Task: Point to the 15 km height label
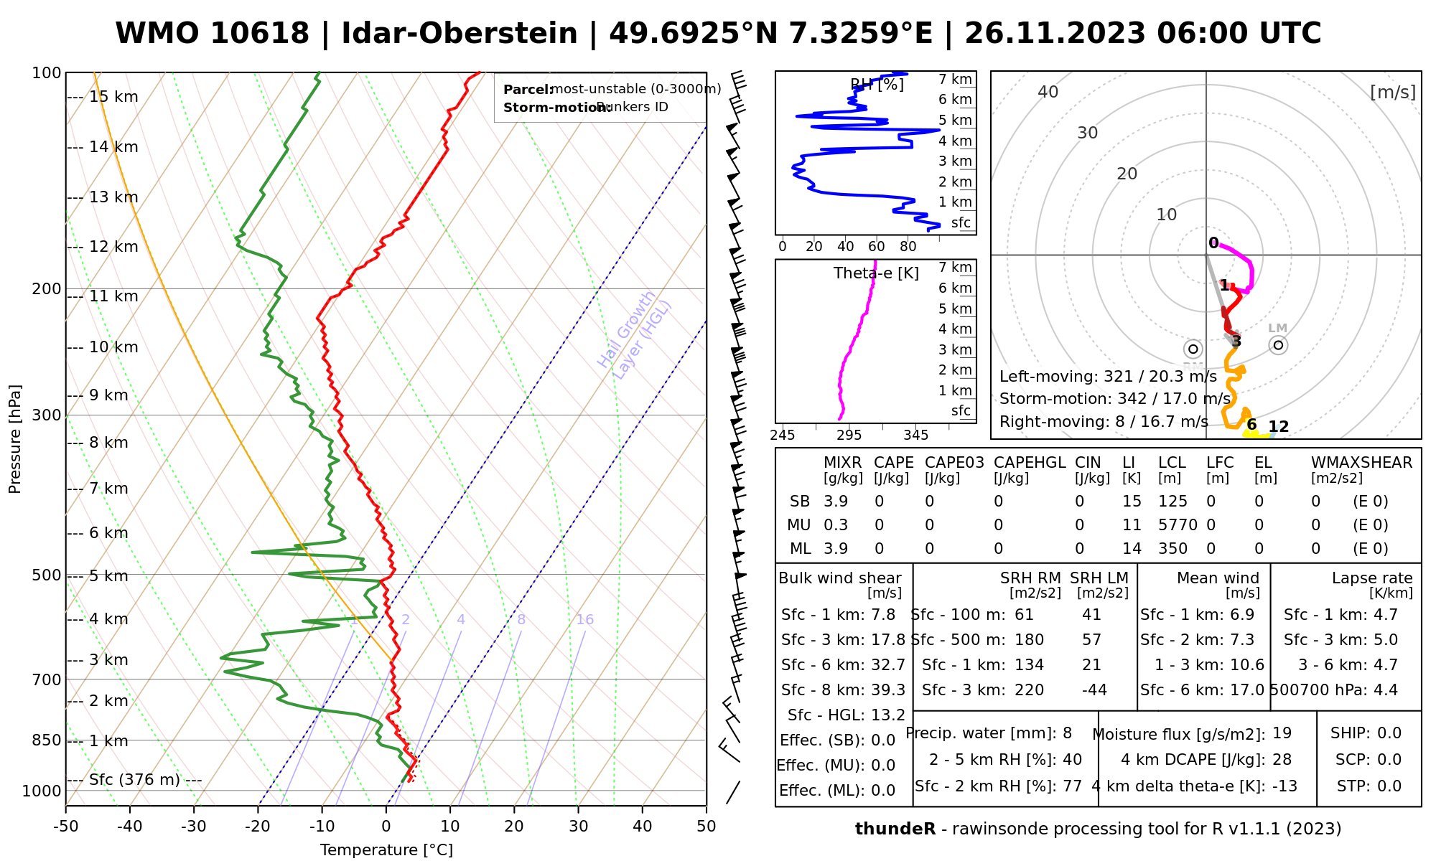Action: point(113,97)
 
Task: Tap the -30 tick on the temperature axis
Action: point(194,827)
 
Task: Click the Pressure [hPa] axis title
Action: point(15,439)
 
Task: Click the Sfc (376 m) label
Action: point(134,780)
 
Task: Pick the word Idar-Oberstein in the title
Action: point(460,34)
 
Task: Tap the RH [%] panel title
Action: point(877,85)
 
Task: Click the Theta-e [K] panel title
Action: point(876,273)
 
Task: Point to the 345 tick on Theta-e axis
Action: point(915,436)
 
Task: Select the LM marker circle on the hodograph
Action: point(1278,345)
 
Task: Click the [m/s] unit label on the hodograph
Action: point(1393,93)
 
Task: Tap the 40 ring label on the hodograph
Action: point(1048,92)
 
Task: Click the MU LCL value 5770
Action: point(1178,525)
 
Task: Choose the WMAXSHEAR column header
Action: point(1361,463)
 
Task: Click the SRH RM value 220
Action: point(1029,690)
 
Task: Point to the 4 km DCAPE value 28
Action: point(1282,760)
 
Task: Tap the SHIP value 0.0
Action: point(1389,733)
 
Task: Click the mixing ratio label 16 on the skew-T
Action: point(584,620)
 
